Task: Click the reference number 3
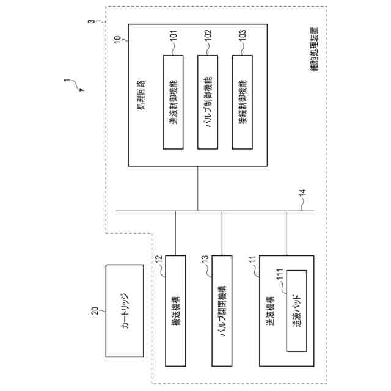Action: pos(91,22)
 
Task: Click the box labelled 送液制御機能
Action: pos(174,102)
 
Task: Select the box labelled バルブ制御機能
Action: pos(208,102)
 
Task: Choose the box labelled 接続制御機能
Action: pos(243,102)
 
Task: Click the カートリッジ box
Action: pos(125,310)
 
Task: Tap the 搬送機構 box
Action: pos(175,310)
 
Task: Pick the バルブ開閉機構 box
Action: pos(222,310)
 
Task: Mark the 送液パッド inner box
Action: pos(297,310)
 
